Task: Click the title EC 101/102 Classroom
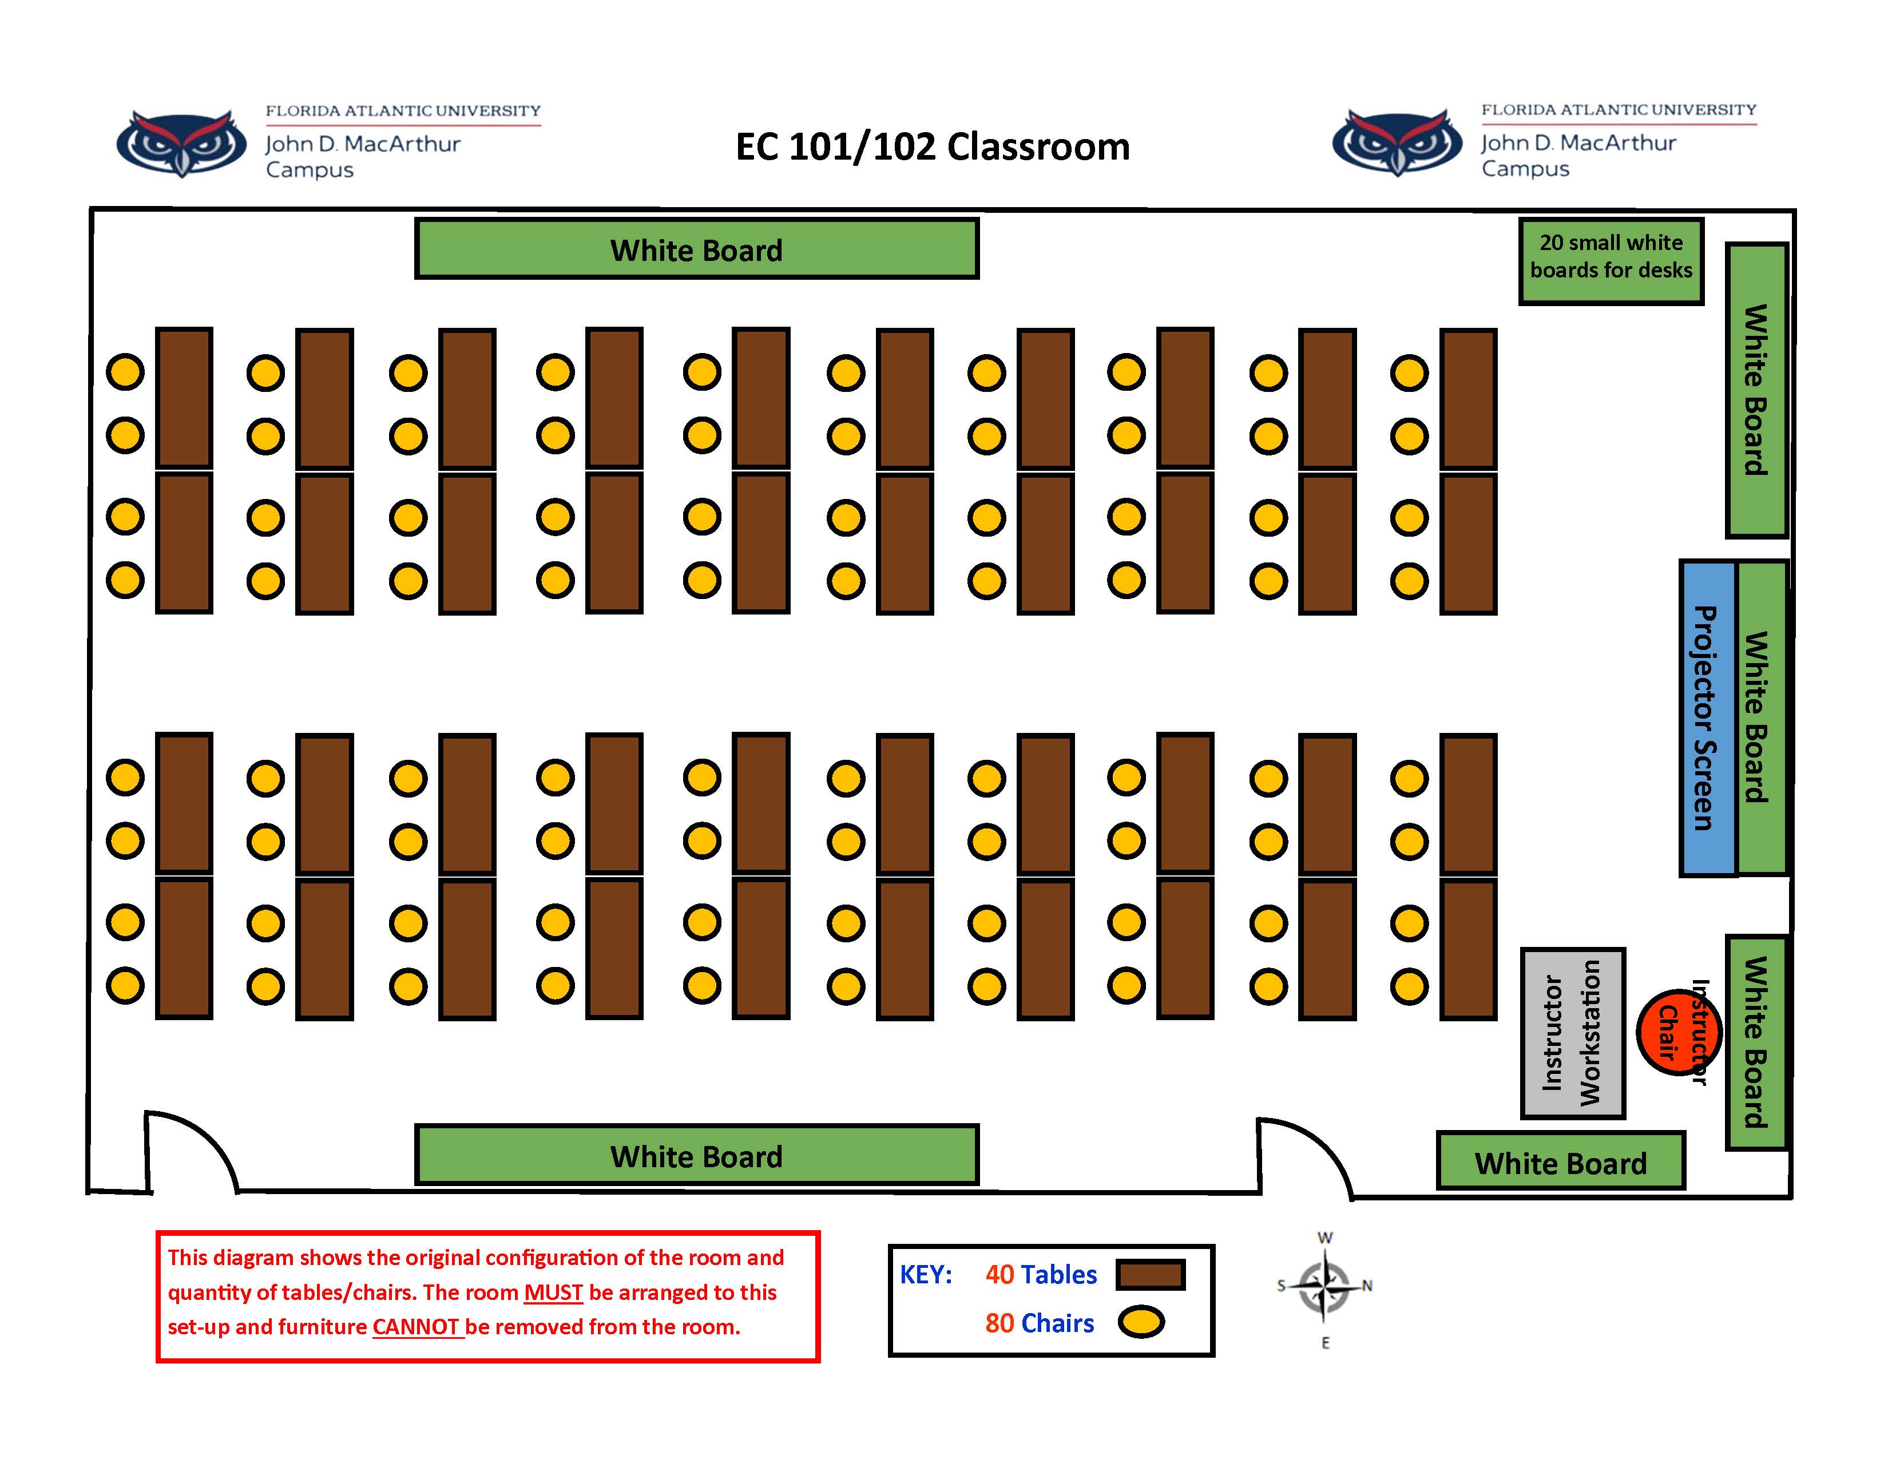(932, 147)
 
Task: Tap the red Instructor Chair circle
(1677, 1032)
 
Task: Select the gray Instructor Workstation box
(1572, 1033)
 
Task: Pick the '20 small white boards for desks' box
(1611, 260)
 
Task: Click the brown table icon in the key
(1150, 1275)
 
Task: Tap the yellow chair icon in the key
(1141, 1322)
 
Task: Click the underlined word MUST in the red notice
(553, 1292)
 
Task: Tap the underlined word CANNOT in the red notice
(417, 1327)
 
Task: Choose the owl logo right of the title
(1397, 142)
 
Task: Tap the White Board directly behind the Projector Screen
(1761, 717)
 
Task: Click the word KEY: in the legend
(926, 1275)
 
